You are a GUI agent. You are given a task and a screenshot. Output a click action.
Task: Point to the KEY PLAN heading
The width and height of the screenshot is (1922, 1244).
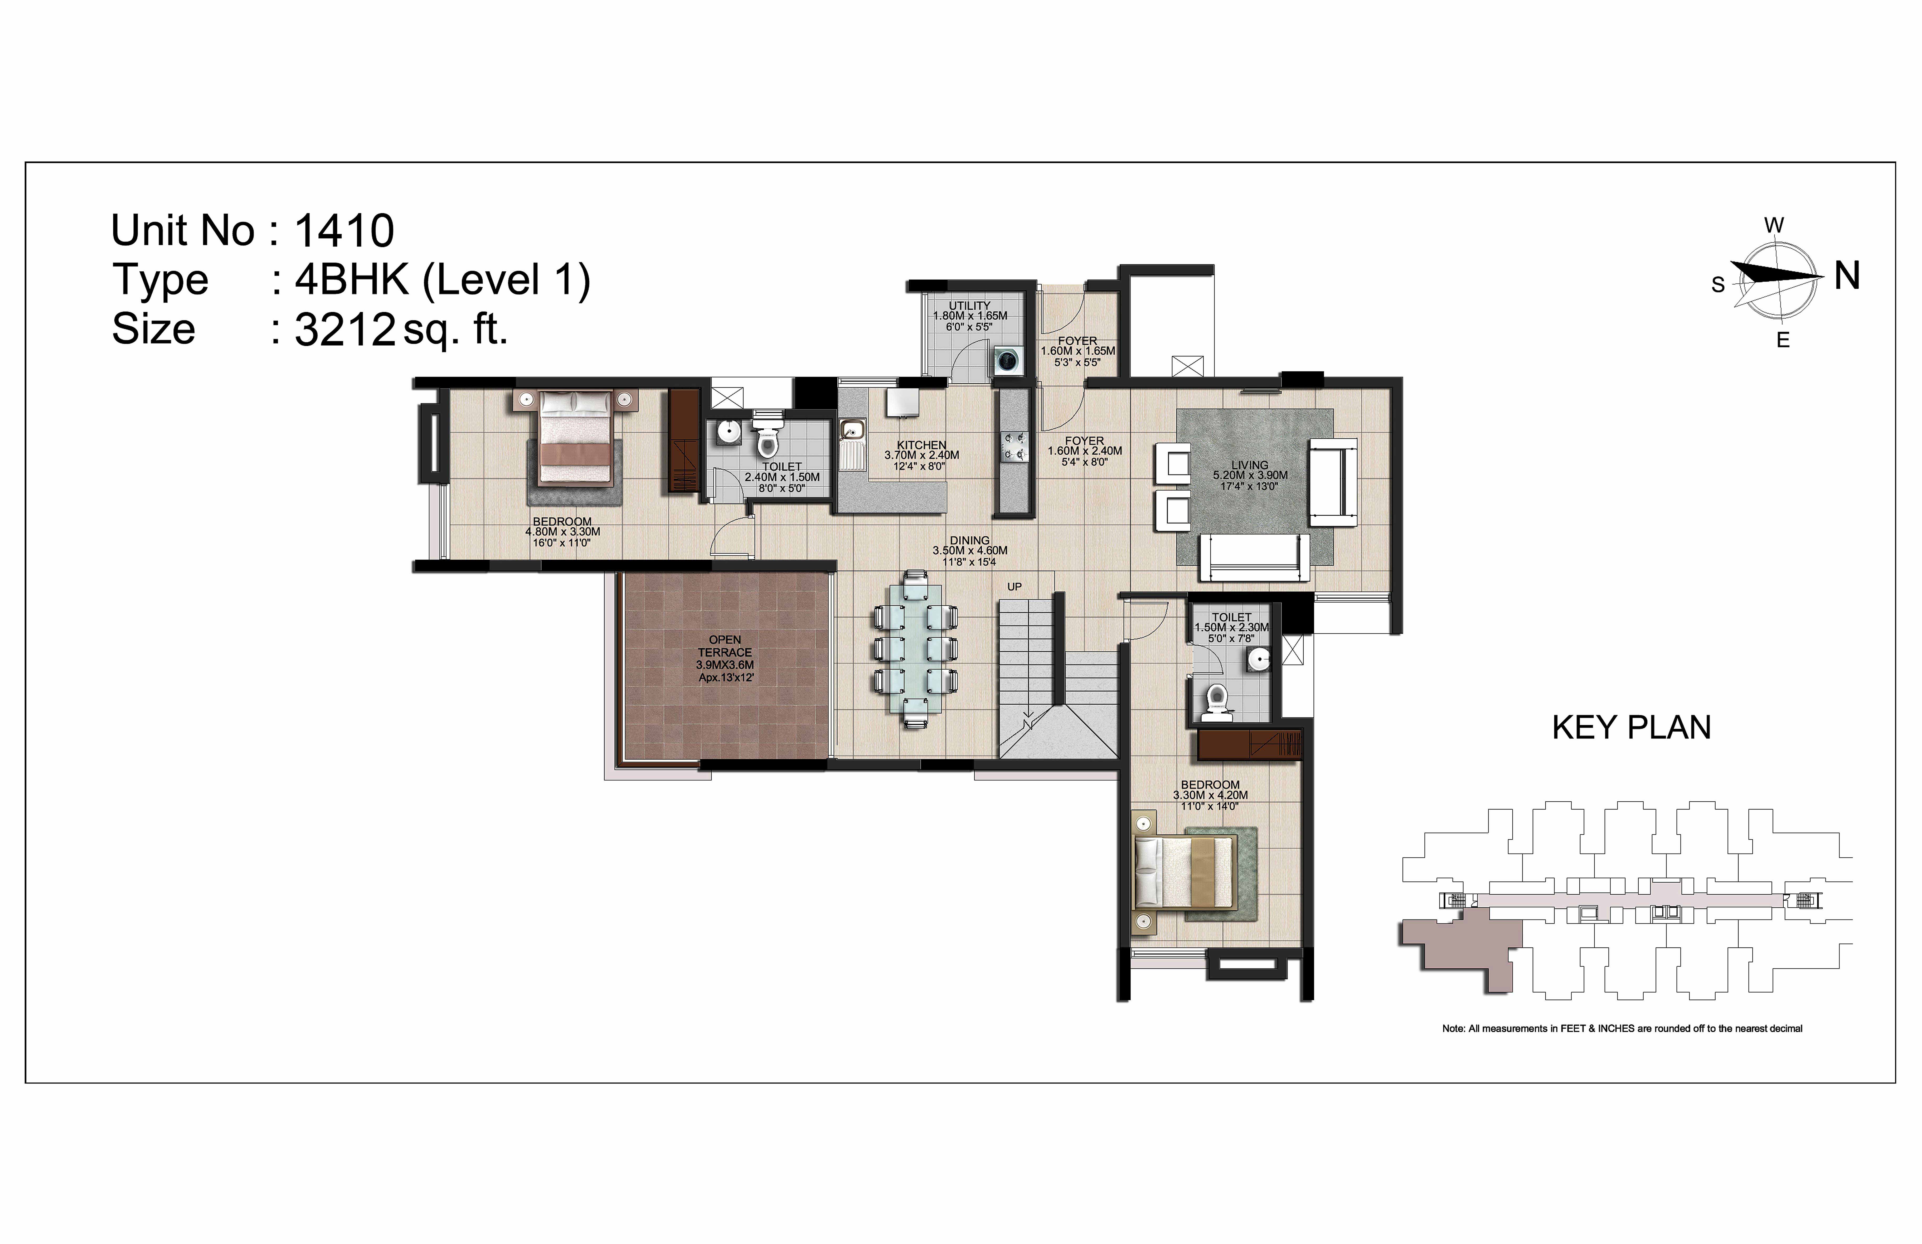[1631, 728]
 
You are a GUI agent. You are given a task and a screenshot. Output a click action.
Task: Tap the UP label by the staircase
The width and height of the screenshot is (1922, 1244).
[1014, 587]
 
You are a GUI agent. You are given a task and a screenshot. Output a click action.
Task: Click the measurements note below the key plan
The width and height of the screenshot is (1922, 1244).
[1622, 1028]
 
